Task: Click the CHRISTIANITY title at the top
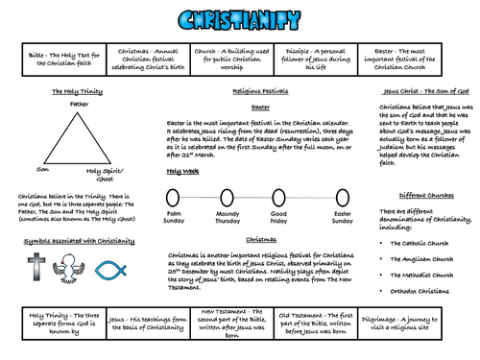click(239, 19)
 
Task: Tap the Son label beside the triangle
click(16, 169)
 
